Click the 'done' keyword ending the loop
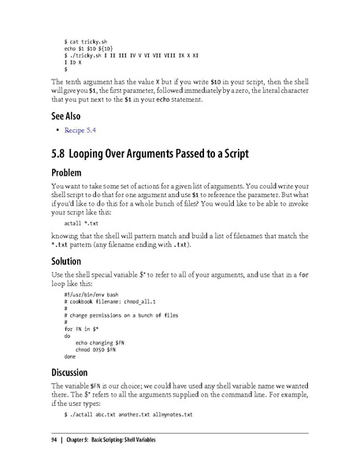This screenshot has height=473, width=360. pos(70,356)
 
